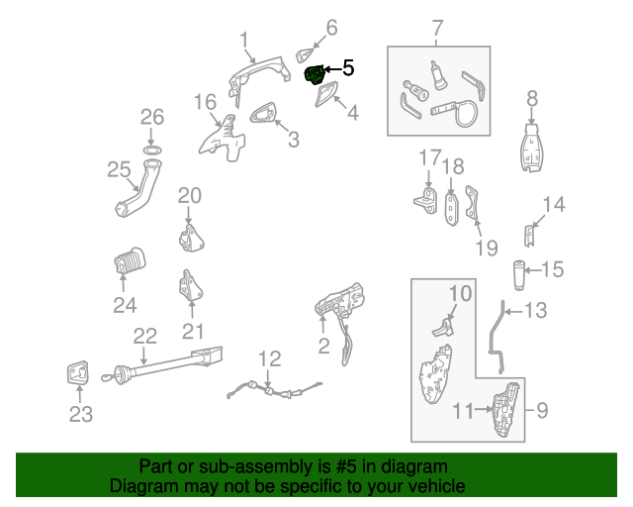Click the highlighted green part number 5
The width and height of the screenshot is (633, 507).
click(x=316, y=75)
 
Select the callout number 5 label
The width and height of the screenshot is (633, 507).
click(x=347, y=68)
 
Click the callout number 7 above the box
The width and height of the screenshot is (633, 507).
click(x=437, y=29)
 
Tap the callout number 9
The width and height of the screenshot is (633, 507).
click(x=541, y=408)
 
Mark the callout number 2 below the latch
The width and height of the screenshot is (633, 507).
click(x=323, y=346)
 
